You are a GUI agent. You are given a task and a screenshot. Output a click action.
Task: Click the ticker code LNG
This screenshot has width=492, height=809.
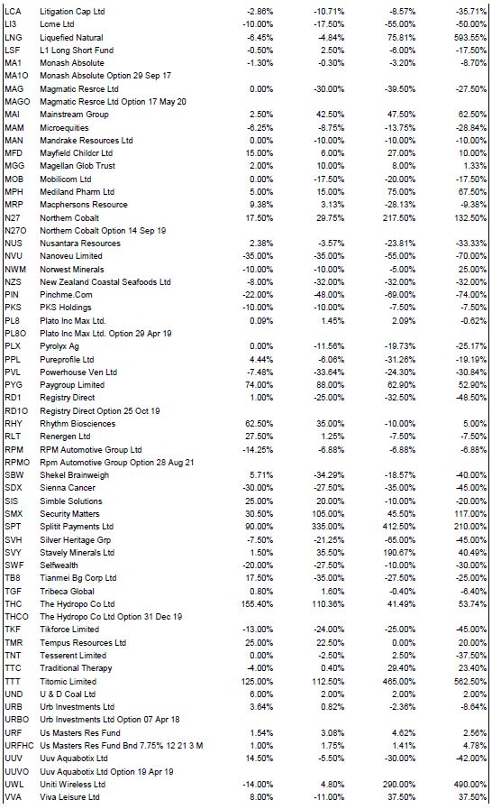tap(14, 37)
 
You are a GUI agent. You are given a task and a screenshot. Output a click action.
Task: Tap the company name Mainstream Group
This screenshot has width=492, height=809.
tap(74, 115)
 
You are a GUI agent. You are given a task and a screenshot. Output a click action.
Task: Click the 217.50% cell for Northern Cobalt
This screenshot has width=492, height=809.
tap(398, 217)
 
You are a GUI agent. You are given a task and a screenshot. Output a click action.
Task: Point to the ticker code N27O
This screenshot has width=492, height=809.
tap(15, 231)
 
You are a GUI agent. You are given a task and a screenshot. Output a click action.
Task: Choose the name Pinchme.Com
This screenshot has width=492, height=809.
tap(66, 295)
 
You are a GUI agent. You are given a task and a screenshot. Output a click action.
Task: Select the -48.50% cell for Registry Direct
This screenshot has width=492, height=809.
tap(471, 398)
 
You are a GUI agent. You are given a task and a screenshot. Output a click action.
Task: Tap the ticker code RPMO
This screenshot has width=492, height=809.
tap(17, 463)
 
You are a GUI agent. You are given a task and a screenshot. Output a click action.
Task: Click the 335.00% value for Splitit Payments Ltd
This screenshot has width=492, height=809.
tap(328, 527)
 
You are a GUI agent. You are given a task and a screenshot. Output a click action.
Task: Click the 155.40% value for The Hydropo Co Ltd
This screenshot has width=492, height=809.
tap(258, 603)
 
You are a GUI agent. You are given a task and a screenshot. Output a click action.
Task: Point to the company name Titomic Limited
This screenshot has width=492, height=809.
tap(68, 681)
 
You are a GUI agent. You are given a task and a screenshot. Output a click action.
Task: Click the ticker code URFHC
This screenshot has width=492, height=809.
tap(19, 746)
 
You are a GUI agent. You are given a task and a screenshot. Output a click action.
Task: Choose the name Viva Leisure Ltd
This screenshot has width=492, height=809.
tap(69, 797)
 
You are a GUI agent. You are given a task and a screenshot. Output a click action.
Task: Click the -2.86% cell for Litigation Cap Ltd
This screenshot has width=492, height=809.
tap(260, 12)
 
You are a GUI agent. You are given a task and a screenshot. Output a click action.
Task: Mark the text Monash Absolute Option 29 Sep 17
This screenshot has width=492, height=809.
tap(105, 76)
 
